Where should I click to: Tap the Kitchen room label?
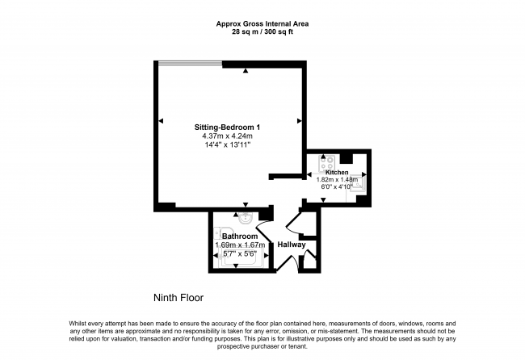coord(337,173)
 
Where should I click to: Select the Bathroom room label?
coord(241,236)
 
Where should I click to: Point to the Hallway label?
coord(291,245)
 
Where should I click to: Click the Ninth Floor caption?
coord(178,296)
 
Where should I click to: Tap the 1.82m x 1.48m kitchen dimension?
coord(337,180)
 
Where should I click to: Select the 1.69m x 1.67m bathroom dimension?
coord(240,245)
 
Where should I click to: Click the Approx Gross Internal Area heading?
coord(262,23)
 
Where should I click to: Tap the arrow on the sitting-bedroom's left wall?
coord(161,121)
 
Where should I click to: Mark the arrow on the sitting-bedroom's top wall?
coord(246,72)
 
